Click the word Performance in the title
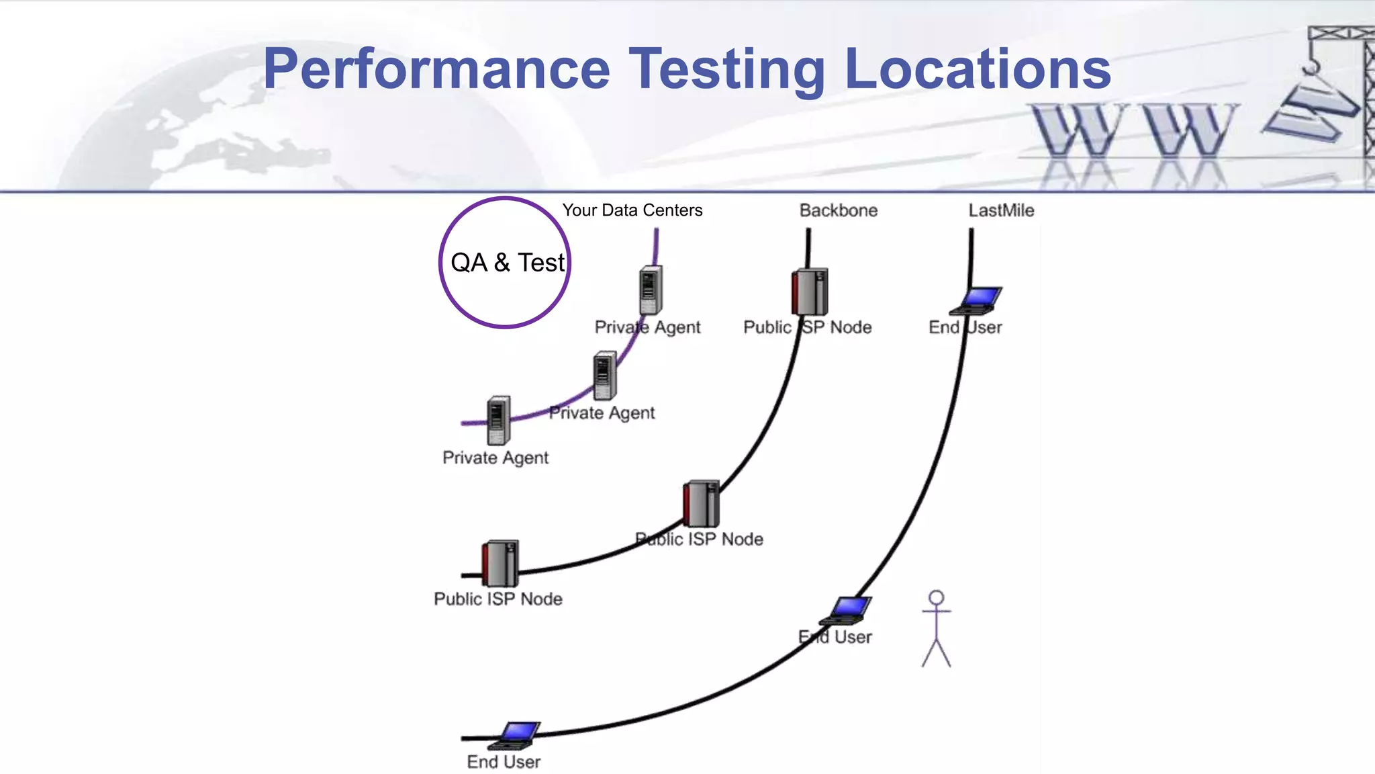(436, 69)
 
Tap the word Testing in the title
(727, 69)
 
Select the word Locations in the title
(978, 69)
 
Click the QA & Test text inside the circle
(508, 263)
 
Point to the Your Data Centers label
(632, 210)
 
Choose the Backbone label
(838, 210)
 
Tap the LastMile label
(1000, 210)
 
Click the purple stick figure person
(936, 628)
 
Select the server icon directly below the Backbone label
(810, 292)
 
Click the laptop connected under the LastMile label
(976, 300)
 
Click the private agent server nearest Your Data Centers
(650, 290)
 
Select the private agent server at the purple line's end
(497, 420)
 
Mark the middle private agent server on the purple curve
(604, 375)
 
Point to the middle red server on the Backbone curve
(701, 503)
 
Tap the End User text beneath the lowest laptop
(504, 762)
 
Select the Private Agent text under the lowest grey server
(495, 458)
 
